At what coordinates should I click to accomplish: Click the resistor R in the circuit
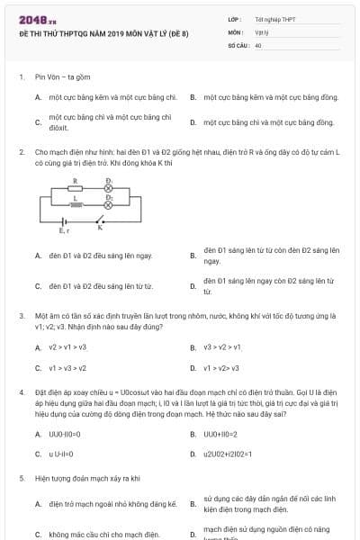76,190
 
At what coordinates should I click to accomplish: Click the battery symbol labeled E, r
65,223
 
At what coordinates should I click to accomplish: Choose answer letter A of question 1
38,96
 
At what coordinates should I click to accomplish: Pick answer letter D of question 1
193,122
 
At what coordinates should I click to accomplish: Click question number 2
21,153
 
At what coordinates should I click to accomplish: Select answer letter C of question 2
38,287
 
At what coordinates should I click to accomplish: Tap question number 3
21,316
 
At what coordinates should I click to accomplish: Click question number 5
21,479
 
